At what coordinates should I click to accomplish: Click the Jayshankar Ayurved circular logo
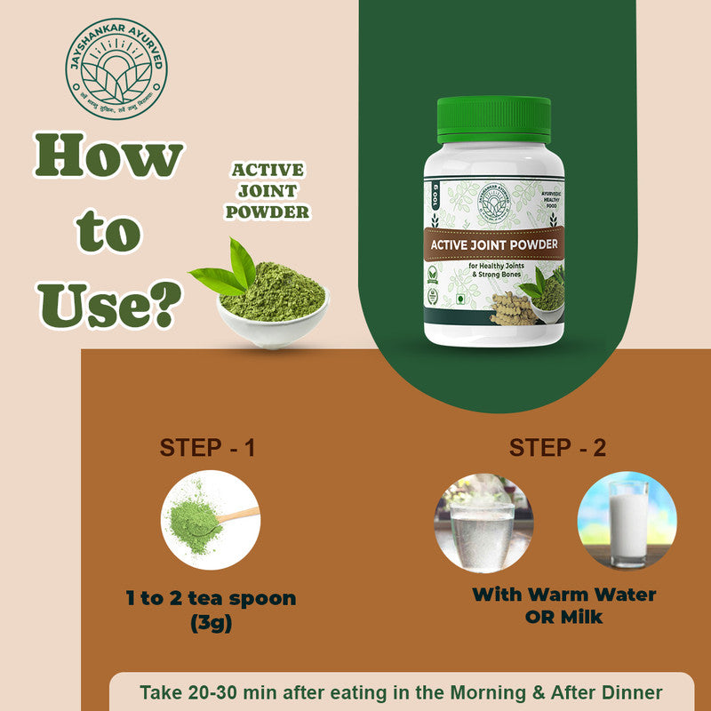[116, 69]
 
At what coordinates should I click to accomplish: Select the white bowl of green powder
[272, 302]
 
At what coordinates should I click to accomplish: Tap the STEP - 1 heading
[207, 447]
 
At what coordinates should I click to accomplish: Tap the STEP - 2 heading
[557, 447]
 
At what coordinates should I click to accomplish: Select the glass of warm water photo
[483, 521]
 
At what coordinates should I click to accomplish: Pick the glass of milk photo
[627, 521]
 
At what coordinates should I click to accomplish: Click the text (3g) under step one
[211, 623]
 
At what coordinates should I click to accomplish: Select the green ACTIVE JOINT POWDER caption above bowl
[267, 191]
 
